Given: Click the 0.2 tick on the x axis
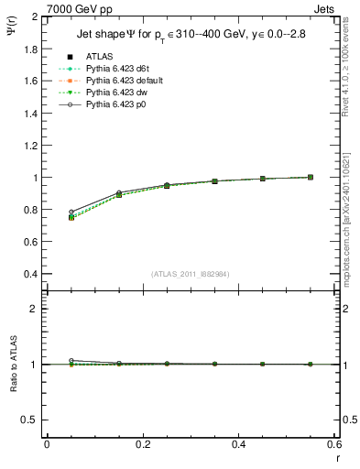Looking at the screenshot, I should [143, 444].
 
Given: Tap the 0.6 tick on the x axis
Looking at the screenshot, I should [335, 444].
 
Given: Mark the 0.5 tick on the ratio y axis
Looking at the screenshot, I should [28, 420].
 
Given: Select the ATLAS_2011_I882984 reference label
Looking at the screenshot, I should [191, 274].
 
